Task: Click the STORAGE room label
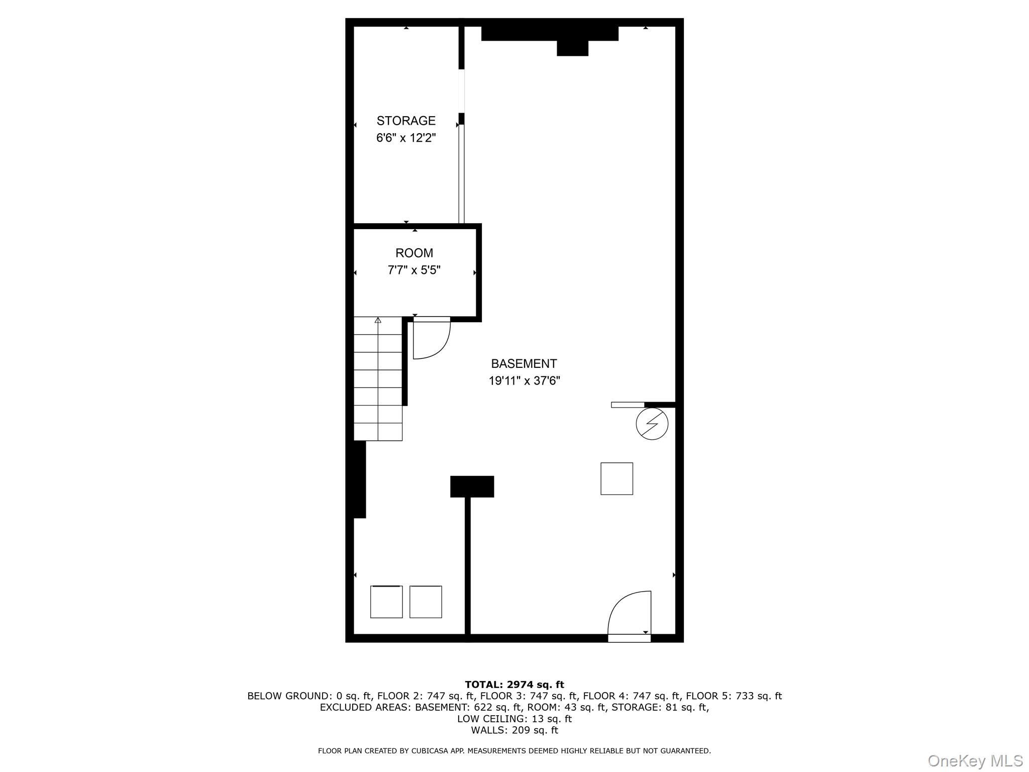click(406, 121)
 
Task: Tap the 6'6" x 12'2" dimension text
click(406, 138)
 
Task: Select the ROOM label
click(414, 253)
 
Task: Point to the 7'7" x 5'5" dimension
click(414, 270)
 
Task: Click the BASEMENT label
click(524, 363)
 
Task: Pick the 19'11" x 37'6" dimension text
click(524, 380)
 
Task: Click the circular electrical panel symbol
click(652, 424)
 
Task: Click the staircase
click(378, 378)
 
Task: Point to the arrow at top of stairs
click(378, 320)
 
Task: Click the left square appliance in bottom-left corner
click(386, 602)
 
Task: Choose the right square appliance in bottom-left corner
click(426, 602)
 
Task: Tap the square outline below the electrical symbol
click(616, 478)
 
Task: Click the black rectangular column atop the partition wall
click(472, 487)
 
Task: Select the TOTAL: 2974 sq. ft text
click(514, 685)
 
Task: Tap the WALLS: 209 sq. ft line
click(514, 730)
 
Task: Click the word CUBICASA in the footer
click(431, 751)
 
